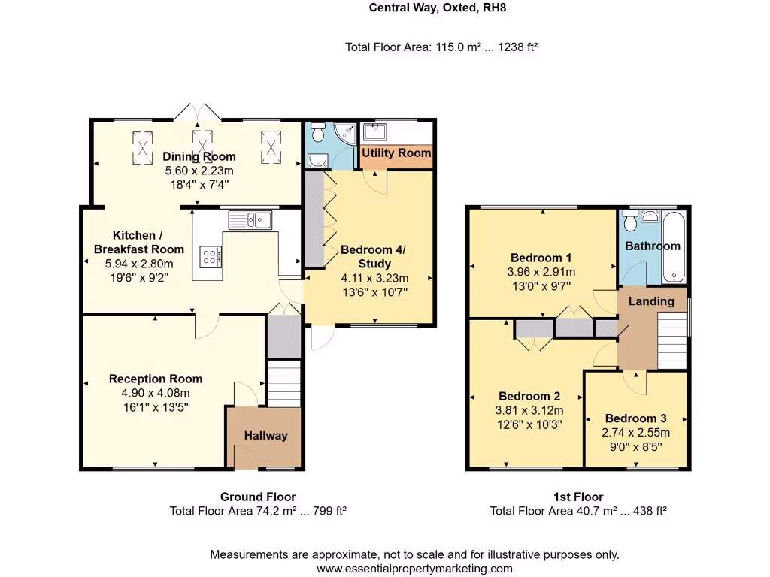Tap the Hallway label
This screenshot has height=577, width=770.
click(265, 436)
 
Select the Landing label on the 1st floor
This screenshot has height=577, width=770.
click(651, 301)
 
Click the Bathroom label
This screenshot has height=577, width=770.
click(653, 246)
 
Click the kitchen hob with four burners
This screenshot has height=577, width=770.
click(210, 258)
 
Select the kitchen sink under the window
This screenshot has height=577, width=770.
click(251, 219)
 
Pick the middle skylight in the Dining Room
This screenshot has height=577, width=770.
click(202, 146)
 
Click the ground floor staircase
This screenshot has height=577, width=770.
click(284, 383)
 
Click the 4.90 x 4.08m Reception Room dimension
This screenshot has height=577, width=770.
click(156, 393)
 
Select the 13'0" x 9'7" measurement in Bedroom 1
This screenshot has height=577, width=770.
click(541, 286)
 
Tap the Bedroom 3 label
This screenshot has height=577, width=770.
click(635, 418)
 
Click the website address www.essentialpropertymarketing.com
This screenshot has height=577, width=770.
click(414, 569)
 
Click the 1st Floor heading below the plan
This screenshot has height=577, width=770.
click(578, 497)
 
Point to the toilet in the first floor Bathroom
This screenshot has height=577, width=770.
click(630, 221)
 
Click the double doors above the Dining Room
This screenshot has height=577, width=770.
click(198, 113)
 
